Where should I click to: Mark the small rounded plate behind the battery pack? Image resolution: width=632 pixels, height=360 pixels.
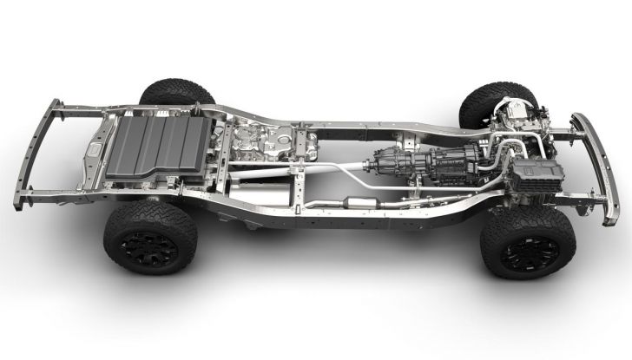click(x=92, y=150)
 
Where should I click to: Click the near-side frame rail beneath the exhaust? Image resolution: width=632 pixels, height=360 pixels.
click(x=347, y=224)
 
